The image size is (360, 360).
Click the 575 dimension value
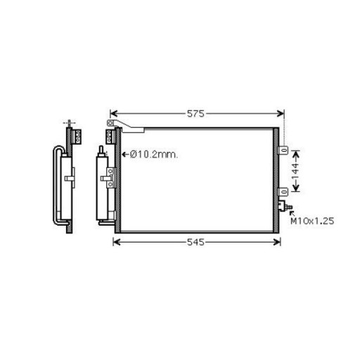coord(195,114)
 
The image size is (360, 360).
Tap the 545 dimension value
coord(196,242)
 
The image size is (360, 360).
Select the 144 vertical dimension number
coord(296,171)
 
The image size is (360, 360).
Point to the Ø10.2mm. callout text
coord(154,155)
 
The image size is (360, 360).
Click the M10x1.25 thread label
coord(312,221)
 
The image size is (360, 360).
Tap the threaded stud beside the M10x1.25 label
coord(289,207)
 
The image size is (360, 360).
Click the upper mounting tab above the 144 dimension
coord(283,150)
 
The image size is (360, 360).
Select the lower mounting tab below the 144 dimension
coord(283,192)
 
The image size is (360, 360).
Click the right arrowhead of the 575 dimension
coord(281,114)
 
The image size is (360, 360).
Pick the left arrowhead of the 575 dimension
coord(114,114)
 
